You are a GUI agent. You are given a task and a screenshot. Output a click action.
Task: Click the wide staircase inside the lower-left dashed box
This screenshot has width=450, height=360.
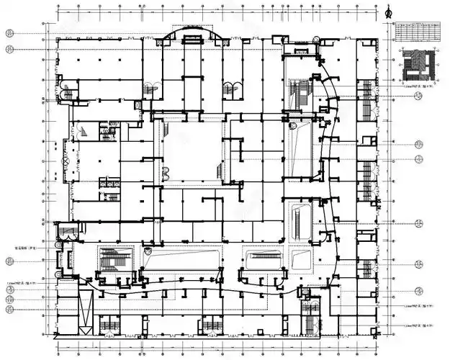tap(115, 258)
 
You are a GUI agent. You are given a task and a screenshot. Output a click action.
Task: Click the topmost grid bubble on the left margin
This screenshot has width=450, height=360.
tap(9, 34)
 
